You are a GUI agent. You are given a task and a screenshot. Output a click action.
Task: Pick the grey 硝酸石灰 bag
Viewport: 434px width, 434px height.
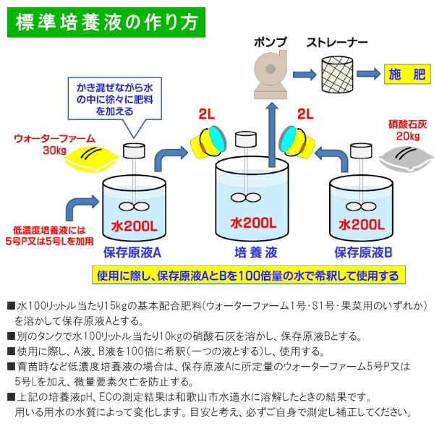click(x=394, y=157)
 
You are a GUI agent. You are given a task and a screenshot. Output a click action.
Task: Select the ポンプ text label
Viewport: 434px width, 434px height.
click(x=270, y=41)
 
